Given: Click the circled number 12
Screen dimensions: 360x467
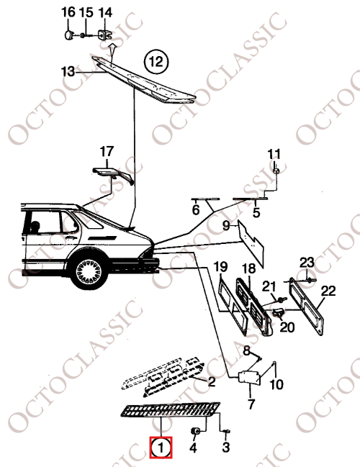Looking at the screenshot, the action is click(156, 63).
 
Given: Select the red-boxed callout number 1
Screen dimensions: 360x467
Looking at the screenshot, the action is click(161, 448).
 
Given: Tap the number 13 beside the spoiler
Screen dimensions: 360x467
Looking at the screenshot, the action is click(68, 71).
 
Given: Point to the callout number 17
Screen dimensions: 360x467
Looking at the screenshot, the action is click(107, 152).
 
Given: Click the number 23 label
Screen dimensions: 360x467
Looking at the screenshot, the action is click(307, 263).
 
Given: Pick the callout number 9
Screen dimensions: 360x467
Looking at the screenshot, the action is click(226, 225).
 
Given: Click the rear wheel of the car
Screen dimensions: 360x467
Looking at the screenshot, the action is click(89, 272).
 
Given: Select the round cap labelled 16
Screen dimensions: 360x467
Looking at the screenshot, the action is click(69, 35).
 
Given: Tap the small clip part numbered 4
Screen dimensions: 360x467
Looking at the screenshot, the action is click(195, 430).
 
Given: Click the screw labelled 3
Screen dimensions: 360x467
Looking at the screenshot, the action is click(226, 431).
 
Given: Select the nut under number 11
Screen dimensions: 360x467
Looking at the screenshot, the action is click(276, 171).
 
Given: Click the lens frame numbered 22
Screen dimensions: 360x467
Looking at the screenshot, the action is click(307, 306).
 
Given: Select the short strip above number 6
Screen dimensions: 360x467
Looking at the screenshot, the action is click(205, 199).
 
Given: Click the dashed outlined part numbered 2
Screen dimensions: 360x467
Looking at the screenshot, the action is click(163, 376).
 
